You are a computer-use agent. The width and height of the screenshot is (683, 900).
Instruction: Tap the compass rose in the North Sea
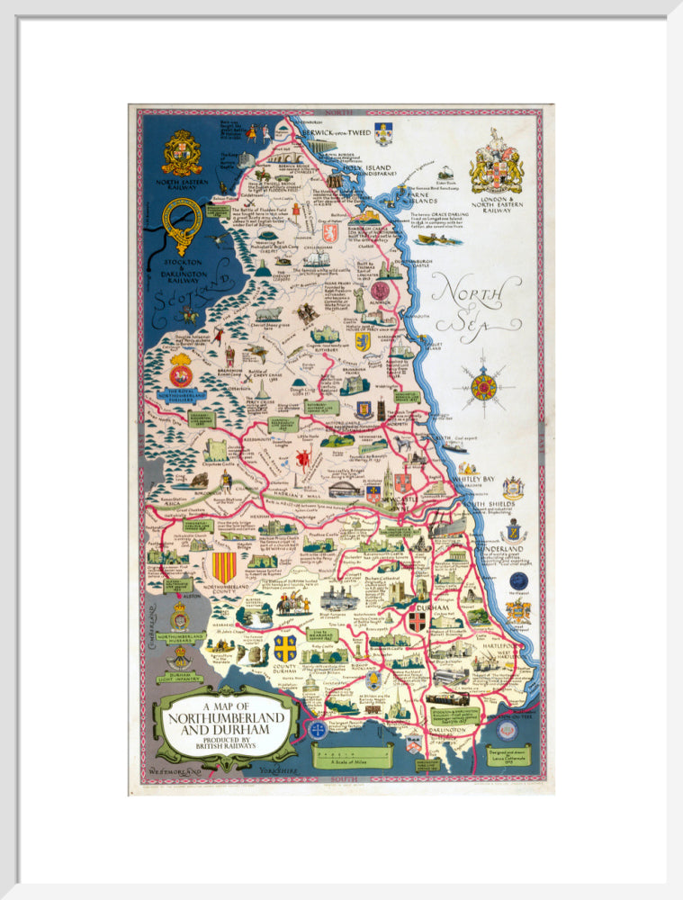tap(484, 387)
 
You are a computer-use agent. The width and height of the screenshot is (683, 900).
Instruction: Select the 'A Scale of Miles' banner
tap(352, 756)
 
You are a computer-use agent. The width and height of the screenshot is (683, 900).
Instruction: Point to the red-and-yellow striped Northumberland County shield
tap(223, 567)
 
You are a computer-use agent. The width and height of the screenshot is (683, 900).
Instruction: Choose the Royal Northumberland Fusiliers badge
tap(181, 370)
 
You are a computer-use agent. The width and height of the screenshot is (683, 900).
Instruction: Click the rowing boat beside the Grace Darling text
tap(439, 239)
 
